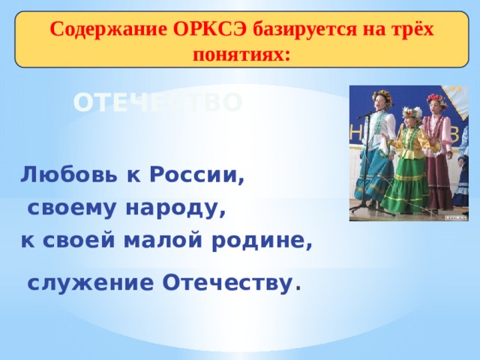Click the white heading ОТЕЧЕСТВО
point(158,103)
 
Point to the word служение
point(91,283)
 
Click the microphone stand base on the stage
point(364,205)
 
